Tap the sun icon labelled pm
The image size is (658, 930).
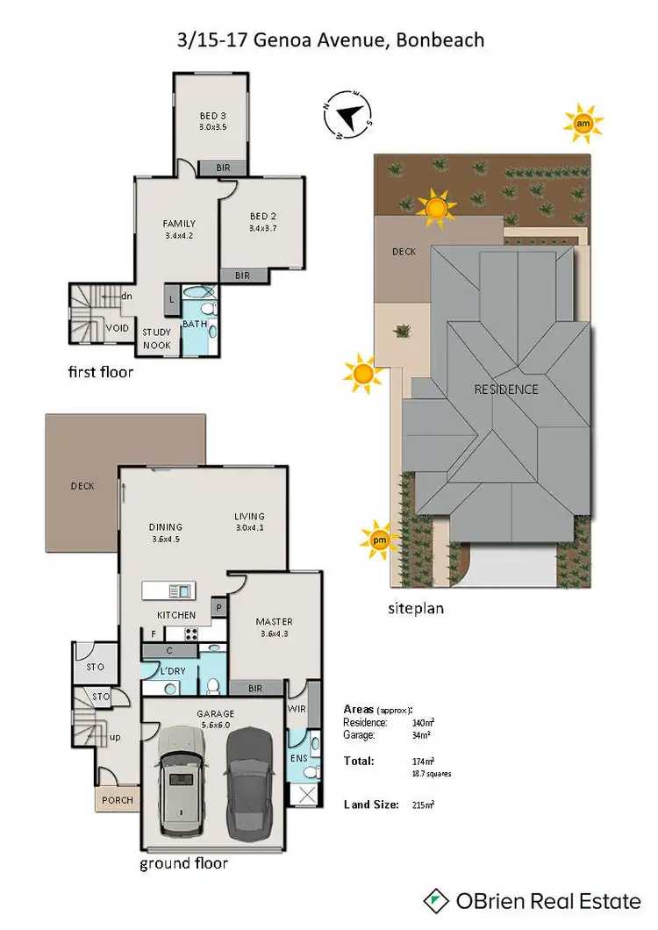click(x=379, y=540)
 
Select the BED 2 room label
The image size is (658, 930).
click(x=263, y=217)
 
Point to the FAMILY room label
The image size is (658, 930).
click(x=179, y=224)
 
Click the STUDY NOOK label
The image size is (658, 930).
click(x=157, y=338)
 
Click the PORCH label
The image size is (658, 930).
click(x=118, y=800)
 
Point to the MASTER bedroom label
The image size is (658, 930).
click(x=274, y=622)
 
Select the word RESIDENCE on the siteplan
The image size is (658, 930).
click(x=506, y=389)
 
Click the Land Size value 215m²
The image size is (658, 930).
click(x=424, y=805)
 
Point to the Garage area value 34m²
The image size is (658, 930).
click(x=421, y=736)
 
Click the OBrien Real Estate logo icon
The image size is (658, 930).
click(x=436, y=900)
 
